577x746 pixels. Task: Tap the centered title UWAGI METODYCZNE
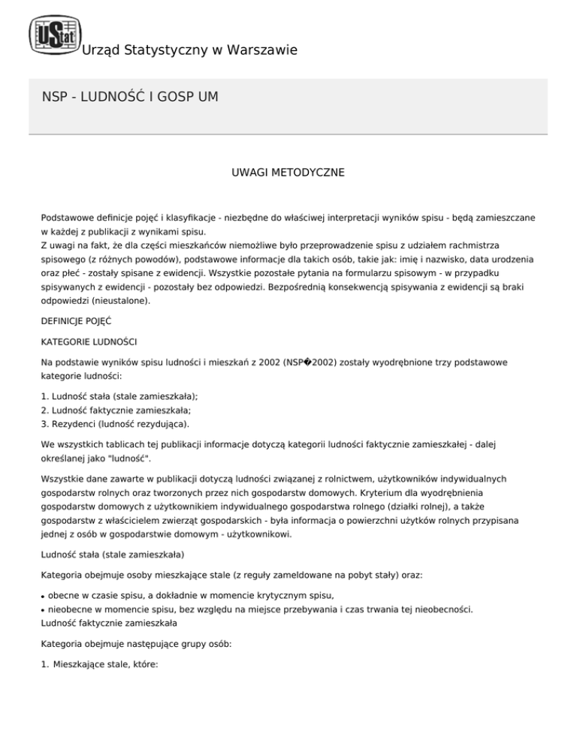pyautogui.click(x=288, y=173)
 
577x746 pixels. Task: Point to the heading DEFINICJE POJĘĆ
pyautogui.click(x=77, y=320)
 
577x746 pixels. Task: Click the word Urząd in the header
pyautogui.click(x=99, y=50)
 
